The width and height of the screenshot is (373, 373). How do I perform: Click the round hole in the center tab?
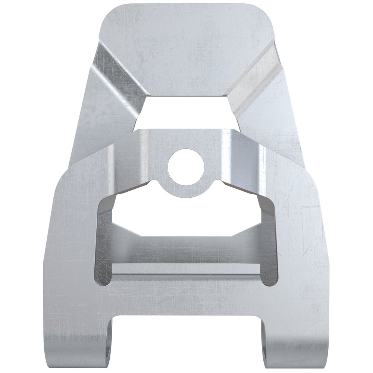pyautogui.click(x=186, y=167)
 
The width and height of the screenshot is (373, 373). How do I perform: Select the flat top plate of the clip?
pyautogui.click(x=186, y=48)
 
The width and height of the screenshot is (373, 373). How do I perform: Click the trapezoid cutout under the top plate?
pyautogui.click(x=185, y=112)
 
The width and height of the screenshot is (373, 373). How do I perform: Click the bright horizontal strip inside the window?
pyautogui.click(x=186, y=268)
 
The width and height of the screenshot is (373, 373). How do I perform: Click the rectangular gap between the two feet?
pyautogui.click(x=186, y=343)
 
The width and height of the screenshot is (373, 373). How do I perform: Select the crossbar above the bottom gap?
pyautogui.click(x=186, y=298)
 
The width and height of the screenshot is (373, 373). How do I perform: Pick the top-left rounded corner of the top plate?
pyautogui.click(x=108, y=13)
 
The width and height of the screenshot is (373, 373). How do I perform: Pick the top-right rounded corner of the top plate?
pyautogui.click(x=265, y=13)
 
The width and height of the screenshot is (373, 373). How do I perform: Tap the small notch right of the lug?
pyautogui.click(x=218, y=183)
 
